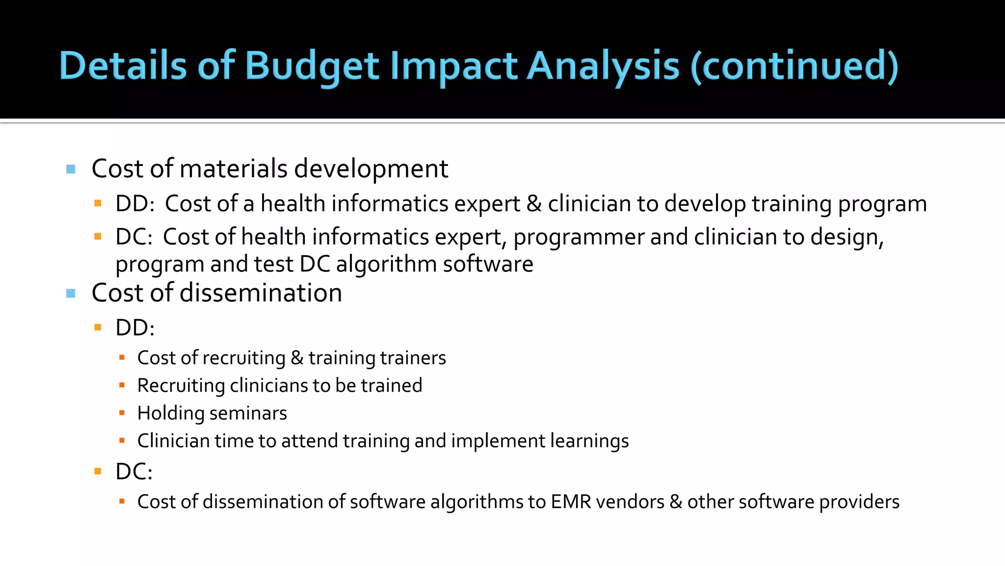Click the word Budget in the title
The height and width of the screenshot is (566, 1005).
click(x=312, y=66)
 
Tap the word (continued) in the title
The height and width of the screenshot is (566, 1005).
click(x=794, y=66)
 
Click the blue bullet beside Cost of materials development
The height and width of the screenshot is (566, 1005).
click(x=71, y=170)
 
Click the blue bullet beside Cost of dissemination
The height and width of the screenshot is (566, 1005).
click(x=71, y=294)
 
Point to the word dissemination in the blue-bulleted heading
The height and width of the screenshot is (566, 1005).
click(x=261, y=293)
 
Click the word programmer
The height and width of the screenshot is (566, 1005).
click(x=579, y=237)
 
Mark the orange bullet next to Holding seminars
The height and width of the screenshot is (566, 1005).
click(x=122, y=413)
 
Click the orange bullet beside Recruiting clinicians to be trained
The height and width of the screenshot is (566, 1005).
click(x=122, y=386)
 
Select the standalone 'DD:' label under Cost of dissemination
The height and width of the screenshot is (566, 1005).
click(x=135, y=328)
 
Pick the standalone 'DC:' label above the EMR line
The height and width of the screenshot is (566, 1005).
click(x=134, y=472)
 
